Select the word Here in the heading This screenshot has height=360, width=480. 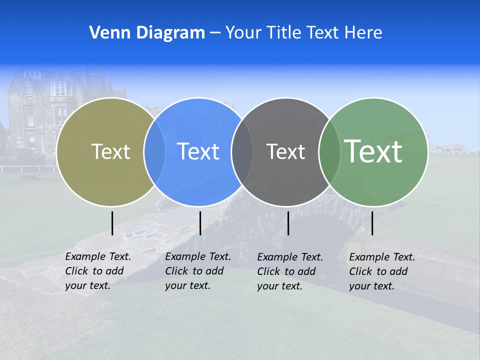[363, 33]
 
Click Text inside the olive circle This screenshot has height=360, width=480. [110, 151]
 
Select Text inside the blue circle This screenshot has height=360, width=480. [198, 151]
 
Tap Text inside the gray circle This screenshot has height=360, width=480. [285, 151]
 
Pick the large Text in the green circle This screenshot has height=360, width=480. [373, 151]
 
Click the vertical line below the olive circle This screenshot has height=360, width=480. [112, 223]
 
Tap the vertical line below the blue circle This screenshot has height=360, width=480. [200, 223]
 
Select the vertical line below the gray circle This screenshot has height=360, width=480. [288, 223]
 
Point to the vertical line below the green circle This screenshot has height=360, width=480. [372, 223]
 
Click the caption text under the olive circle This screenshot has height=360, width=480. [97, 271]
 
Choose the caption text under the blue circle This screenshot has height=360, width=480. [197, 271]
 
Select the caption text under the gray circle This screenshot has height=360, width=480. [289, 271]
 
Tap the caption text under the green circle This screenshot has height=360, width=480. [381, 271]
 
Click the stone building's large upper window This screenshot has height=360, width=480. [58, 89]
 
